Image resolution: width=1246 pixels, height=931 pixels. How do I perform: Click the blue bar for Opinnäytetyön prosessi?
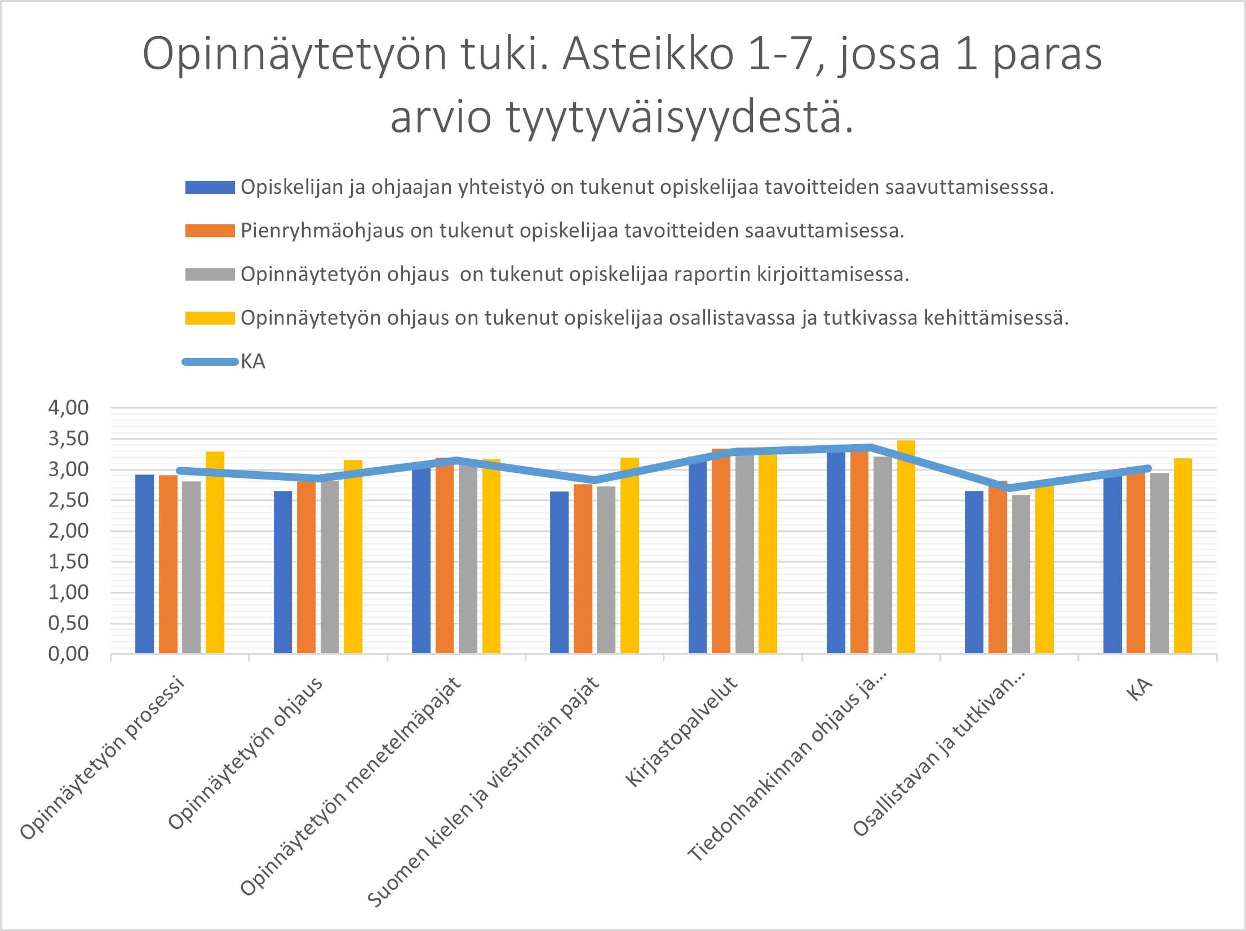pyautogui.click(x=145, y=564)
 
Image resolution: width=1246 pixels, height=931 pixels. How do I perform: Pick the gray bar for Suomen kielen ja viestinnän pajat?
pyautogui.click(x=606, y=569)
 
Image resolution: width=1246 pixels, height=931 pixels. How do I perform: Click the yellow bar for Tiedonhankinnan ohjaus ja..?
pyautogui.click(x=906, y=547)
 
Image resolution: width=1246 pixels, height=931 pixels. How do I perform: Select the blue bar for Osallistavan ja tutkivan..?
pyautogui.click(x=974, y=572)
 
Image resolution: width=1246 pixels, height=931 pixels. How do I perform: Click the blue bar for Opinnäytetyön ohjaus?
pyautogui.click(x=283, y=572)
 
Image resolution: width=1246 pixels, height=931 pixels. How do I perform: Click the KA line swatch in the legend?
pyautogui.click(x=210, y=362)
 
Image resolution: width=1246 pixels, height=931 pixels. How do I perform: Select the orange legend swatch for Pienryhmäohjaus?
pyautogui.click(x=210, y=231)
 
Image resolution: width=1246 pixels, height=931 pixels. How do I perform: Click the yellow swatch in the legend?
pyautogui.click(x=210, y=318)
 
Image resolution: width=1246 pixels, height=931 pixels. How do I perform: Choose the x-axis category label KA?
pyautogui.click(x=1139, y=690)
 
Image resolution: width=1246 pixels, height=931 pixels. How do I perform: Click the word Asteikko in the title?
pyautogui.click(x=648, y=55)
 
